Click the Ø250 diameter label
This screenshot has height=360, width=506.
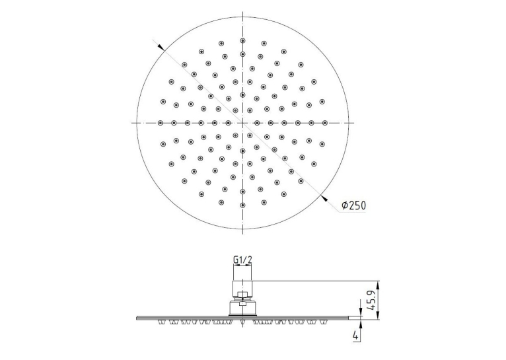(x=353, y=205)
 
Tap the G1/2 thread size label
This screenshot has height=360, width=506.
(x=242, y=259)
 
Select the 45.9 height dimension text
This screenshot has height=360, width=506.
(x=372, y=300)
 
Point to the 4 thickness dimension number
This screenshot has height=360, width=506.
(x=355, y=336)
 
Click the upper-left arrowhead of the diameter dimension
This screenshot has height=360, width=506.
(x=161, y=48)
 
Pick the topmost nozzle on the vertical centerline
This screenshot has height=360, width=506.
(x=242, y=40)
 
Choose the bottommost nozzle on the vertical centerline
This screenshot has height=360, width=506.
(x=242, y=205)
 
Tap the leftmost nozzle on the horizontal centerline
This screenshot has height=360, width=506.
(x=161, y=123)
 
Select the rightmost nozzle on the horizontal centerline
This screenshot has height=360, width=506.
(x=325, y=123)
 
